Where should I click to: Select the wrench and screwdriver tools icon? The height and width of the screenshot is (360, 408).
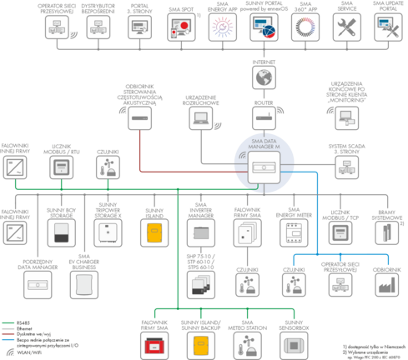(x=346, y=27)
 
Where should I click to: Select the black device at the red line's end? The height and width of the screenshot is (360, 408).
(x=140, y=119)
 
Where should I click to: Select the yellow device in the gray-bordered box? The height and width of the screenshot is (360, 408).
(x=153, y=230)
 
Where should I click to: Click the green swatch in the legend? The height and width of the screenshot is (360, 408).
(x=9, y=322)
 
